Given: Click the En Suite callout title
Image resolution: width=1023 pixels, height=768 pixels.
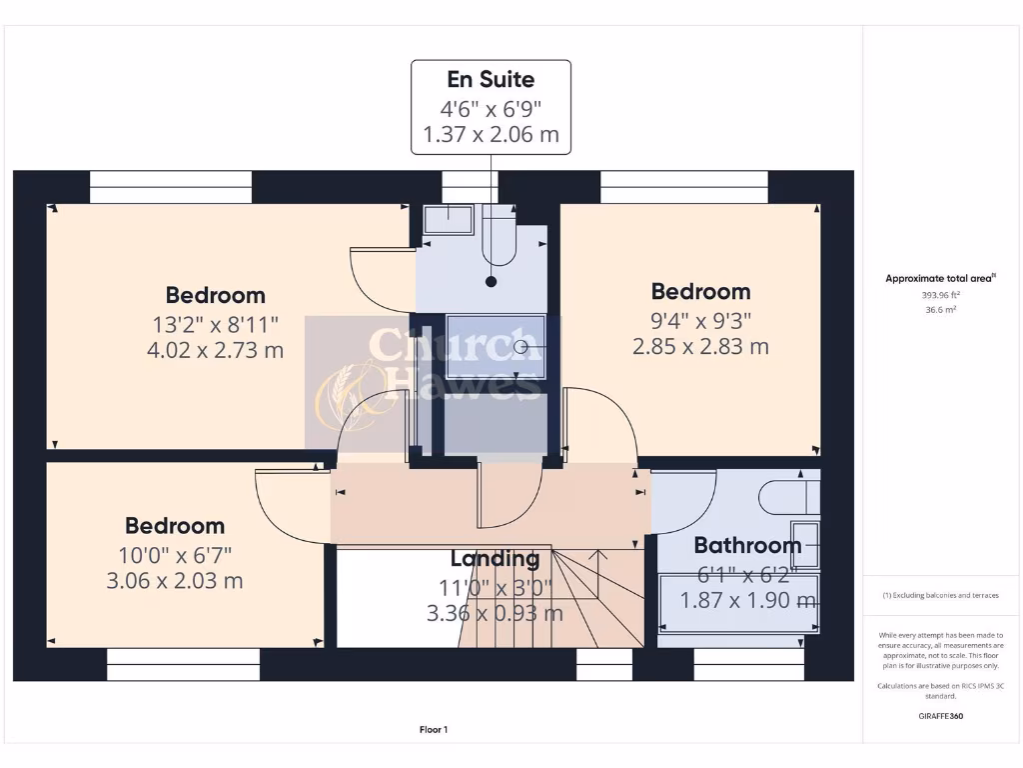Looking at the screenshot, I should [x=491, y=79].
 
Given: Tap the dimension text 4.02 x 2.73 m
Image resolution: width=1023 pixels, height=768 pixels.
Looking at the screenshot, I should [x=216, y=351].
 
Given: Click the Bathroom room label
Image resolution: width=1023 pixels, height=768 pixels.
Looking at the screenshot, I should [x=747, y=545].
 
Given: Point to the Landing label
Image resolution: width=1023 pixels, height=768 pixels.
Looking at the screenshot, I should [x=495, y=558].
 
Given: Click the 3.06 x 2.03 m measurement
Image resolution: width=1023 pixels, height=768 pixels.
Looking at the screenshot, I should [x=175, y=581].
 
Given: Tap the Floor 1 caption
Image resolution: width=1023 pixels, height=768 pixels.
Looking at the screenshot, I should [x=434, y=730].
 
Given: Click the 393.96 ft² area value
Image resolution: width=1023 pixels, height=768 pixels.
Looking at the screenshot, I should [x=940, y=295].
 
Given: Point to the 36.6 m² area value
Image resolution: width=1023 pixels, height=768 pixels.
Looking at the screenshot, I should [x=940, y=310].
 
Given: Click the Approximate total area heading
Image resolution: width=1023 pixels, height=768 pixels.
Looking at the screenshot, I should [x=939, y=279].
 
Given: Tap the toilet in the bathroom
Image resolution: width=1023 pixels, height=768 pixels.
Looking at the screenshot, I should [x=788, y=496].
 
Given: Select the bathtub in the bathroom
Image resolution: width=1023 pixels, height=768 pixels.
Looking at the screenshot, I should [x=738, y=603].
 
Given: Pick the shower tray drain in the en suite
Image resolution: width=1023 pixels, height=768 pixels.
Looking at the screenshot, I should [x=522, y=347].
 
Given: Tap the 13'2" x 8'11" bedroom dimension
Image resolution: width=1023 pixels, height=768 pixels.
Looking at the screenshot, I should [x=216, y=323].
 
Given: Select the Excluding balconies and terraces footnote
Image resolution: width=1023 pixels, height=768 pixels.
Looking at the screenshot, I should [x=940, y=595].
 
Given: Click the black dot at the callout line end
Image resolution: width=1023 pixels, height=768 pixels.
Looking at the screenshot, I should [x=491, y=282].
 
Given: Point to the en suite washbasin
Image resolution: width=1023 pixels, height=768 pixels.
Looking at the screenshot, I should [x=448, y=219].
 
